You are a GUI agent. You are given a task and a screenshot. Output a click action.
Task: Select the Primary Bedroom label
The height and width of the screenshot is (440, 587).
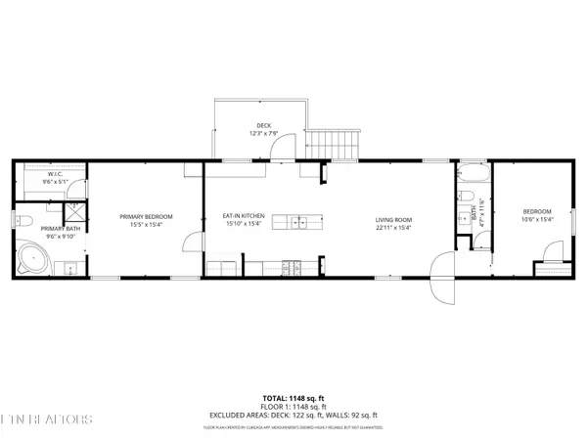146,216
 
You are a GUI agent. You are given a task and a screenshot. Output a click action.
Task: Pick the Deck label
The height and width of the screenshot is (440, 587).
263,125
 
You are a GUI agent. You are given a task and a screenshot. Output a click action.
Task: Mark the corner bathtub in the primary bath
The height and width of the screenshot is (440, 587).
36,259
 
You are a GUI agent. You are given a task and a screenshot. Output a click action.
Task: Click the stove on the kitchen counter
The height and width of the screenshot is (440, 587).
291,267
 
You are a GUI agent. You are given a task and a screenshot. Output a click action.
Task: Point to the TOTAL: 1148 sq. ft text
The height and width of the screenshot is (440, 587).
293,399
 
